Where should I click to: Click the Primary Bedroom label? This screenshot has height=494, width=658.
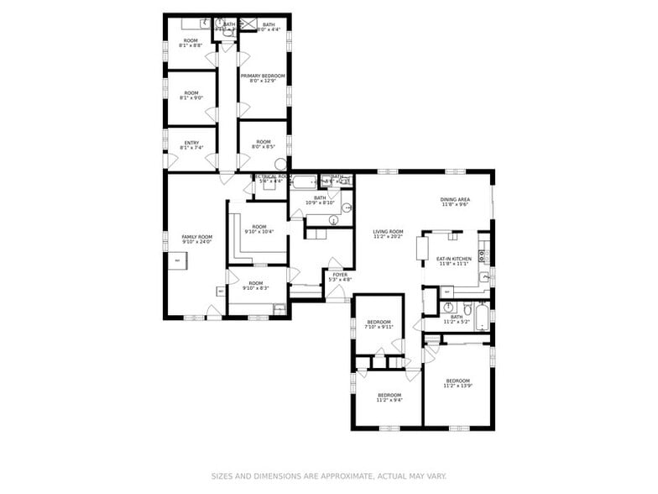pos(263,76)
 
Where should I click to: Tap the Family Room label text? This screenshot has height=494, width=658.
pos(197,237)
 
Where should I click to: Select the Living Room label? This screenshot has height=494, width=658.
pos(389,232)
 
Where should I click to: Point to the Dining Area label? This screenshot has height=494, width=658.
pos(454,199)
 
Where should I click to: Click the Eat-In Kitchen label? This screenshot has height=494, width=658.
pos(454,259)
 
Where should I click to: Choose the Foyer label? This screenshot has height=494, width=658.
pos(340,274)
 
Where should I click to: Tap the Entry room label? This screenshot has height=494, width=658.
pos(191,142)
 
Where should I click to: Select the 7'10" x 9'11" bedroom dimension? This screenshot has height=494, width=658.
pos(379,327)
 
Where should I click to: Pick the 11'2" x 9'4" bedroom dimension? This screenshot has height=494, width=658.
pos(389,400)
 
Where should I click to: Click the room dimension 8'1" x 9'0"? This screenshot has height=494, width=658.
pos(191,98)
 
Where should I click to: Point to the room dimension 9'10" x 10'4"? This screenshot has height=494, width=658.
pos(258,231)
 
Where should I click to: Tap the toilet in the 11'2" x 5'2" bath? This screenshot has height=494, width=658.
pos(447,307)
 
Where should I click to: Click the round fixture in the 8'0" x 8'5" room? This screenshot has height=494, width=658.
pos(280,165)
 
